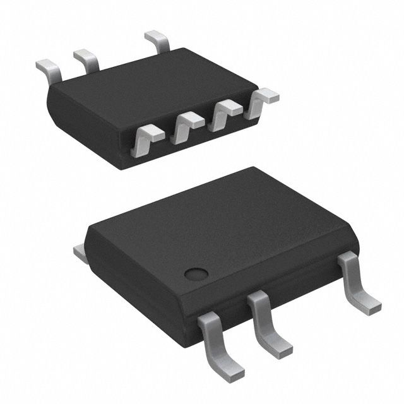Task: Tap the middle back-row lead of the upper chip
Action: pos(86,58)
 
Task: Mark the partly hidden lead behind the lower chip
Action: pos(80,252)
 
